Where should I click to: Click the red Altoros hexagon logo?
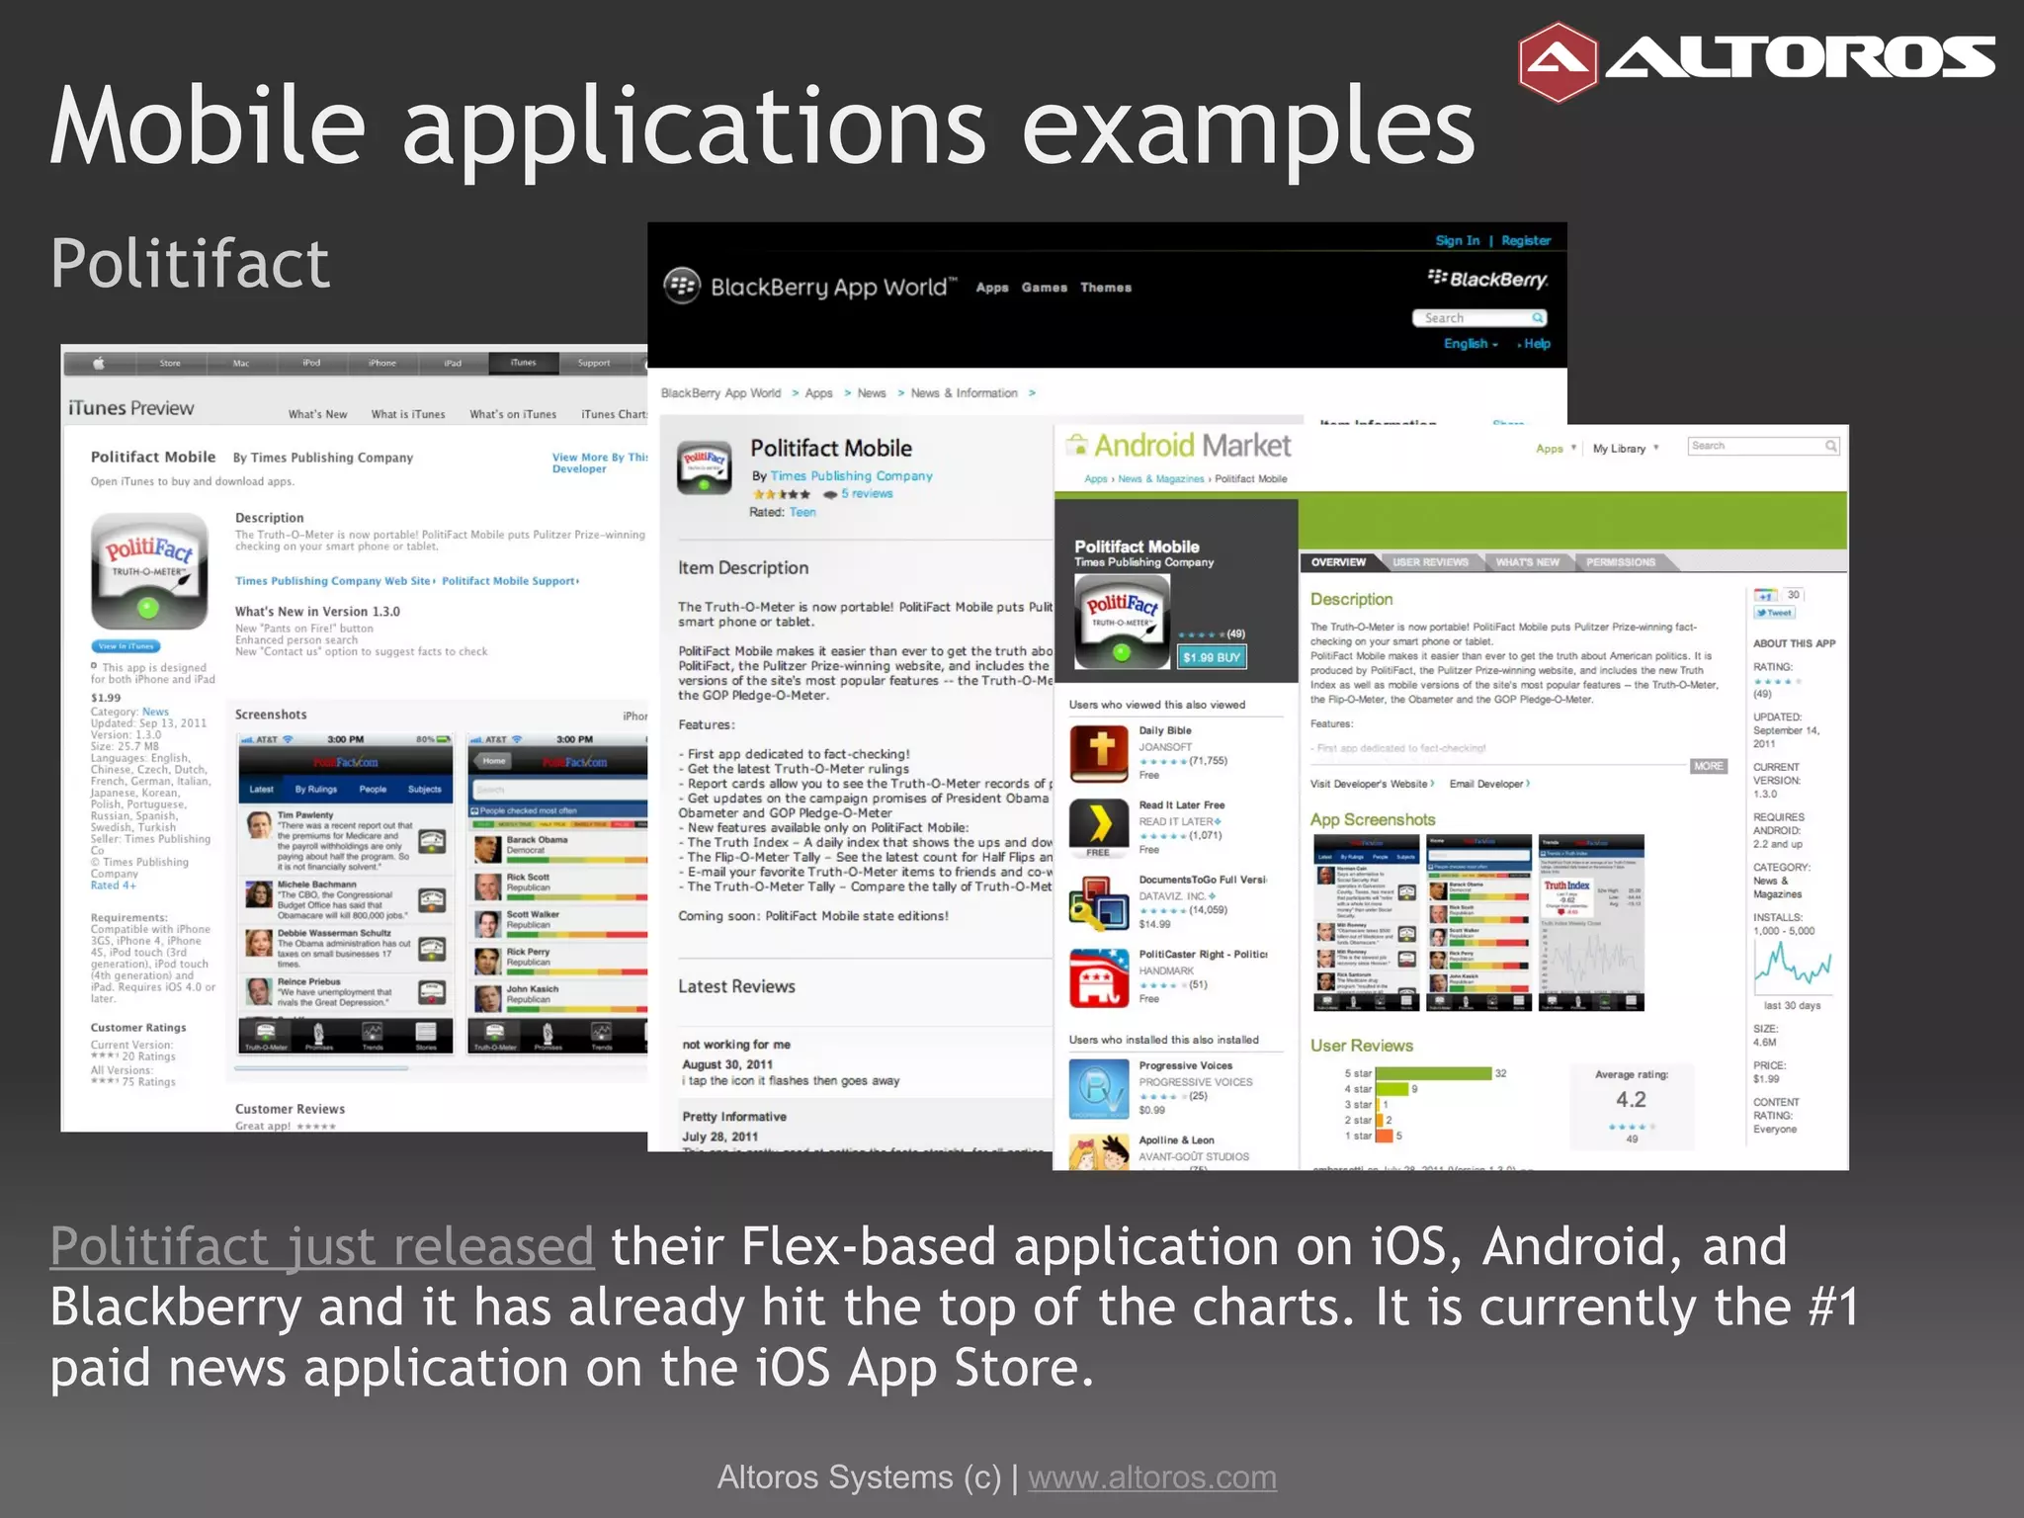[x=1557, y=62]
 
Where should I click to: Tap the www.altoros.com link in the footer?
[x=1151, y=1476]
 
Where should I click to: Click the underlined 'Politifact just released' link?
[x=322, y=1246]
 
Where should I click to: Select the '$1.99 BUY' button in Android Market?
[x=1212, y=657]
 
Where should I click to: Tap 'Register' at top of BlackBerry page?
[x=1526, y=240]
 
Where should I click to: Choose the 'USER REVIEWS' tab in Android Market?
[x=1430, y=562]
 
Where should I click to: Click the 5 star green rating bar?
[x=1433, y=1073]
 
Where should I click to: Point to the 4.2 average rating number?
[x=1631, y=1099]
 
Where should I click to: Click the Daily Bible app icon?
[x=1099, y=752]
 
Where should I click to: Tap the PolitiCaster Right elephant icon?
[x=1099, y=977]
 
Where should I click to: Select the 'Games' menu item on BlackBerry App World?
[x=1044, y=288]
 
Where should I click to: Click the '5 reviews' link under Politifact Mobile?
[x=867, y=494]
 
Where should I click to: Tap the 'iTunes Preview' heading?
[x=131, y=408]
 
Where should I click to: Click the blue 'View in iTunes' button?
[x=126, y=646]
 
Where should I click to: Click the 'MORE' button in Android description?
[x=1708, y=766]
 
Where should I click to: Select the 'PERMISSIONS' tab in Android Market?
[x=1620, y=562]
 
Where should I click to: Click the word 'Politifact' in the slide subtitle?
[x=190, y=264]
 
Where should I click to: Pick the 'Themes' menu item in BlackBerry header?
[x=1105, y=288]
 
